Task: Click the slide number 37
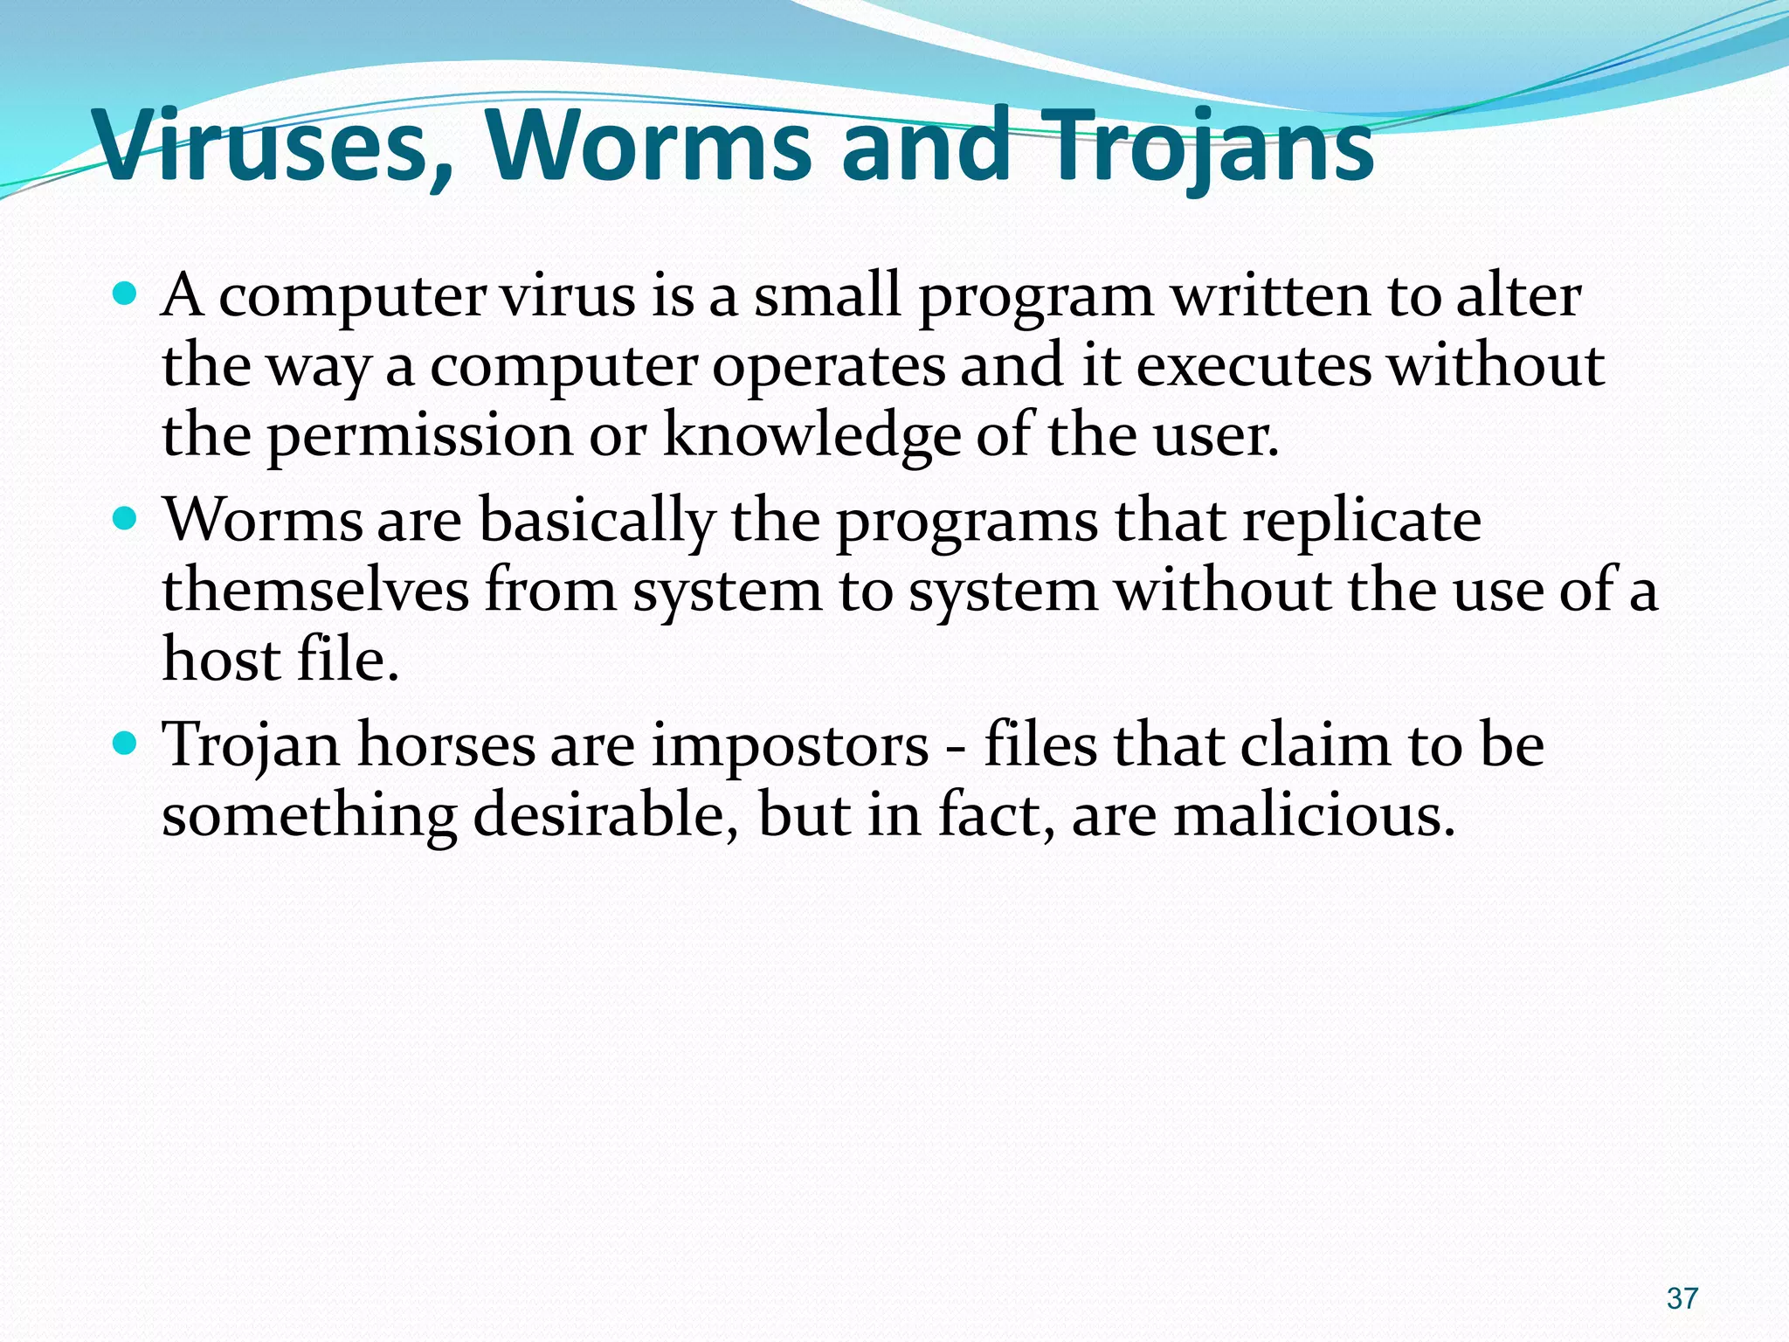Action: point(1682,1298)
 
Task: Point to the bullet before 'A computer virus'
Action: point(126,294)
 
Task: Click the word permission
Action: point(418,434)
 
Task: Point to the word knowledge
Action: point(812,434)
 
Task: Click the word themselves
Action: point(315,590)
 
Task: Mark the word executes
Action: point(1254,364)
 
